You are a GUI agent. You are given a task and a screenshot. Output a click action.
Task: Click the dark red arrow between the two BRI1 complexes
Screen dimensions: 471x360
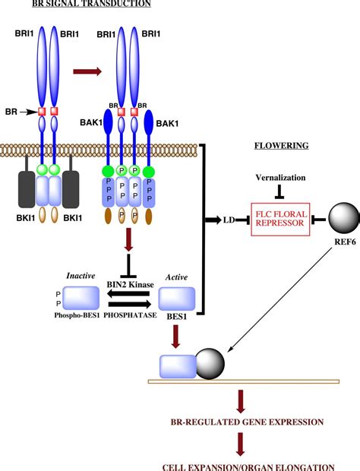coord(84,73)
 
